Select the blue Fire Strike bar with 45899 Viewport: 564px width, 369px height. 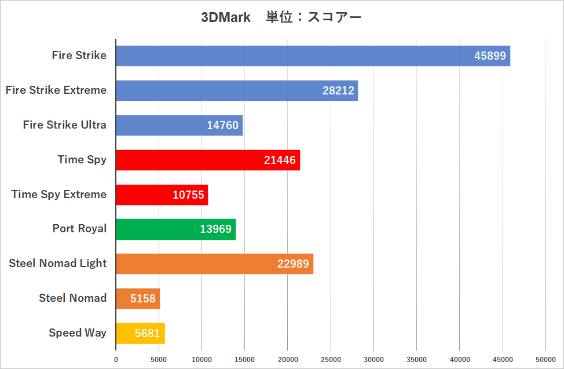coord(313,56)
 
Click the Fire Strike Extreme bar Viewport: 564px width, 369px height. coord(236,90)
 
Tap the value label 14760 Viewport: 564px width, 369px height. coord(222,125)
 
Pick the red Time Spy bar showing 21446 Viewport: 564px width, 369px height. coord(207,160)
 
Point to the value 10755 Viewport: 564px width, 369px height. coord(188,195)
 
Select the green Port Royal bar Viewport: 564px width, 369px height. coord(175,229)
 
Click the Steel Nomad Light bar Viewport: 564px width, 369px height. coord(214,264)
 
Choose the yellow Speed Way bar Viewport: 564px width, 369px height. coord(140,333)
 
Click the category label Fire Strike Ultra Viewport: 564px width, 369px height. coord(64,125)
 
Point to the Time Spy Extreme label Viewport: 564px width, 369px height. coord(58,194)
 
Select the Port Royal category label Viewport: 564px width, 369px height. coord(79,228)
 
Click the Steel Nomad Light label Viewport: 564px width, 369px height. coord(57,263)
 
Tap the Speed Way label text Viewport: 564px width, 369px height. coord(77,333)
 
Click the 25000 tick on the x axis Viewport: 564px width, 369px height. coord(331,359)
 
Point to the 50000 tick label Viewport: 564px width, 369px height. coord(545,359)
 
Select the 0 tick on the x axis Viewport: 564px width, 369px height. coord(116,359)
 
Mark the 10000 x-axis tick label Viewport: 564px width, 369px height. coord(202,359)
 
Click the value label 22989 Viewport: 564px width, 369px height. coord(293,264)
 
